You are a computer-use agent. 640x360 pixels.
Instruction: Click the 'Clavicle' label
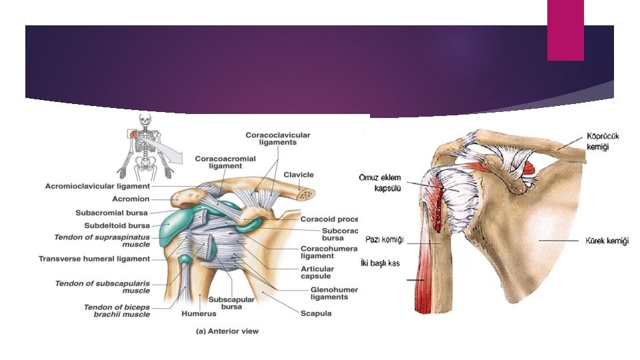[x=298, y=175]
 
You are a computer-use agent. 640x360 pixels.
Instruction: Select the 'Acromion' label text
[x=131, y=199]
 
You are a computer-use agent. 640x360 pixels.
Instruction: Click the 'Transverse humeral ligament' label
[x=94, y=259]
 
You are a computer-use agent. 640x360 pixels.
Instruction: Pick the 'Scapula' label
[x=315, y=313]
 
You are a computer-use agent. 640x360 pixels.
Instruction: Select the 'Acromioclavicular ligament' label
[x=97, y=186]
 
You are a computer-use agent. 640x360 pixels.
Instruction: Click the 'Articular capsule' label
[x=315, y=272]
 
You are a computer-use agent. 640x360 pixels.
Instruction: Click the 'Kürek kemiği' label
[x=607, y=241]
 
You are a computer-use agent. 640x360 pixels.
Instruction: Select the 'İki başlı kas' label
[x=379, y=263]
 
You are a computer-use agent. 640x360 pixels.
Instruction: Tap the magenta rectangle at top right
[x=565, y=30]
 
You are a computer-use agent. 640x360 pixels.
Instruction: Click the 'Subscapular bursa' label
[x=232, y=303]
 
